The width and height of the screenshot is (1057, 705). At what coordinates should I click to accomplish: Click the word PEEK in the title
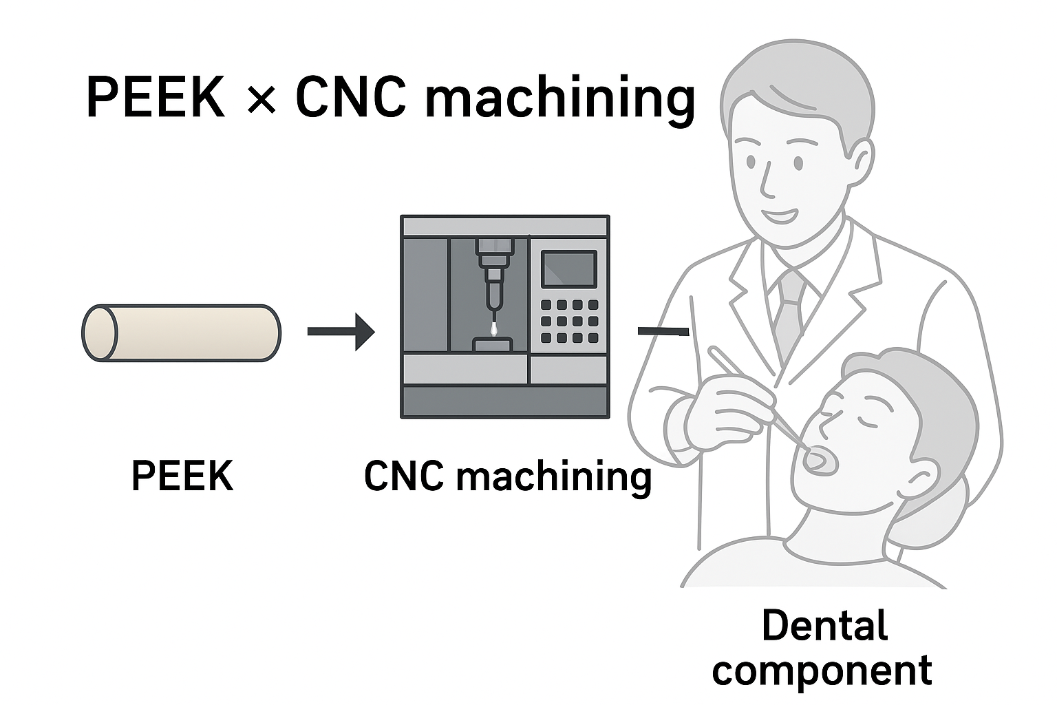[156, 98]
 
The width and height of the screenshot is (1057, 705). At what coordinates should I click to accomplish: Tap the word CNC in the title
[350, 98]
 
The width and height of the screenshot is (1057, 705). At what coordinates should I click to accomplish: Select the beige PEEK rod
[182, 333]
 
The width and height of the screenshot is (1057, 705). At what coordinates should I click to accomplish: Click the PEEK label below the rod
[182, 476]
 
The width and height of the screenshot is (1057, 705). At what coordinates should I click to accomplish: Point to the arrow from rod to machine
[341, 332]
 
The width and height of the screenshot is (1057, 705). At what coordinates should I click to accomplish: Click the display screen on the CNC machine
[568, 269]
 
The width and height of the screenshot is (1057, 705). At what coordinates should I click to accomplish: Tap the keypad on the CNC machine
[568, 321]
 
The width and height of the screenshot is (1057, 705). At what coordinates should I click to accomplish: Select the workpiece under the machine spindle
[491, 344]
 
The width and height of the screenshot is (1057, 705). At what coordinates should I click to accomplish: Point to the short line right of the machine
[663, 332]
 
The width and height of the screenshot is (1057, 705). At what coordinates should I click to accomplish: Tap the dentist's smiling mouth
[784, 215]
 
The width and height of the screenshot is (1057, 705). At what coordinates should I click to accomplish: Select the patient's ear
[922, 475]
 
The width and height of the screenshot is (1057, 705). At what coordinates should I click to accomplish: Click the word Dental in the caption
[824, 625]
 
